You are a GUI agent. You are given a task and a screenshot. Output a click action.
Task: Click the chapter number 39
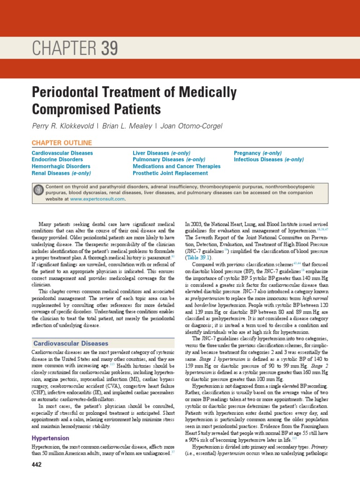tap(108, 49)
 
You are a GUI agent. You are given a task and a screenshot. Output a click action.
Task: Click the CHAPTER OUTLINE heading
tap(62, 142)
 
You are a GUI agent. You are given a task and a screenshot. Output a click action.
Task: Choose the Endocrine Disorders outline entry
tap(58, 159)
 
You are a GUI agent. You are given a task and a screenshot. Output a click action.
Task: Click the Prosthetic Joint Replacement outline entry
tap(170, 173)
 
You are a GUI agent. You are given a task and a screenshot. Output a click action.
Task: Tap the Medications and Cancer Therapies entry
tap(177, 166)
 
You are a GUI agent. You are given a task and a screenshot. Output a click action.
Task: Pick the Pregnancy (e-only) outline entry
tap(258, 153)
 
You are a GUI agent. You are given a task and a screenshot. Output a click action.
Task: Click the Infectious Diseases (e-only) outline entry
tap(269, 159)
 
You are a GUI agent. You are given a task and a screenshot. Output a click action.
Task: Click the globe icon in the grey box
tap(38, 189)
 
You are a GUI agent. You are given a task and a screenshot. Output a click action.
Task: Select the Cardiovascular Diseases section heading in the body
tap(70, 344)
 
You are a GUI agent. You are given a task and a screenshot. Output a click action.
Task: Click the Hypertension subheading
tap(51, 438)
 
